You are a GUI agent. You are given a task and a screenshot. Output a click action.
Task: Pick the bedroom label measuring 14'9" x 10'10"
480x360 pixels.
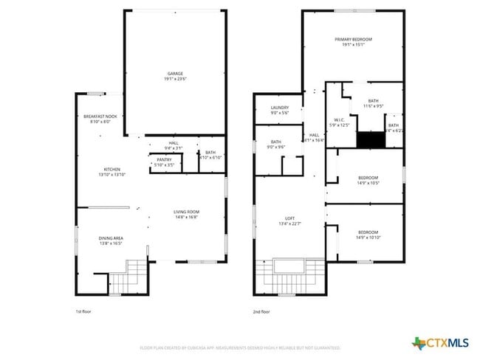click(368, 235)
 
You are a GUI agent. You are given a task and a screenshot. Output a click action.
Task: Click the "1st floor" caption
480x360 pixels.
click(84, 311)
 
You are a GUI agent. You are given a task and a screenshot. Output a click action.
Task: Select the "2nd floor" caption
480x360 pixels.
click(261, 311)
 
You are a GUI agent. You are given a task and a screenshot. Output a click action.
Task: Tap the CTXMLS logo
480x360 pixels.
click(441, 343)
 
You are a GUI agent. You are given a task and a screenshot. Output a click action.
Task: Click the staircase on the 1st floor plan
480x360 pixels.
click(134, 277)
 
